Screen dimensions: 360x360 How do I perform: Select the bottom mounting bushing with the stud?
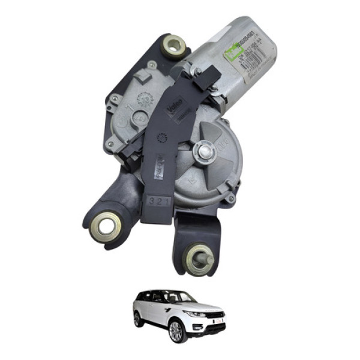coord(198,259)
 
